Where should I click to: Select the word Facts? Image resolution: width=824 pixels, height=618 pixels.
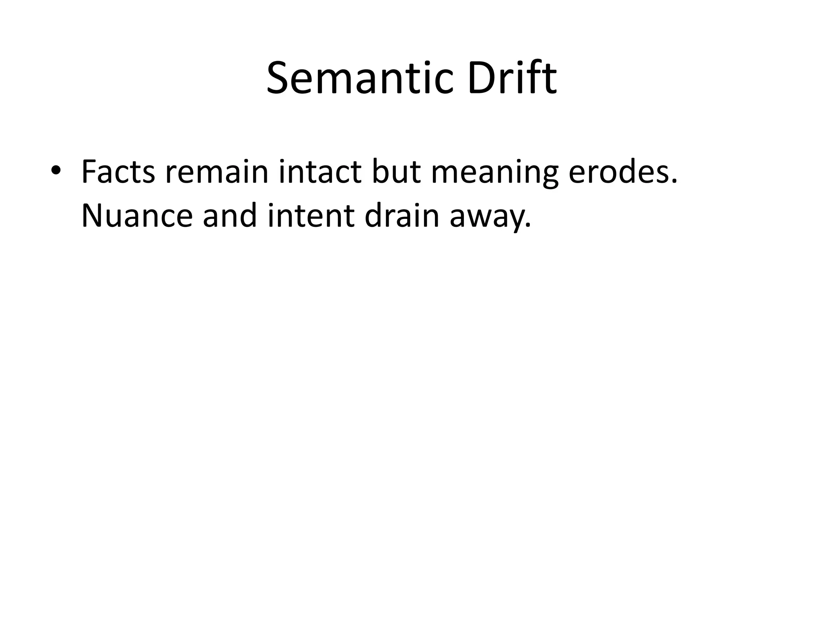pos(118,172)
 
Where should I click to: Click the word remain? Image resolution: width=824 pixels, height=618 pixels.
pos(216,172)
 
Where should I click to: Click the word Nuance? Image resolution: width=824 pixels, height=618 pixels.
pos(137,216)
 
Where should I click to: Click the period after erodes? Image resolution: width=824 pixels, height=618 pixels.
pos(674,182)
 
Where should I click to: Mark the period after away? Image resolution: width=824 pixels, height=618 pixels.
pos(528,226)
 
